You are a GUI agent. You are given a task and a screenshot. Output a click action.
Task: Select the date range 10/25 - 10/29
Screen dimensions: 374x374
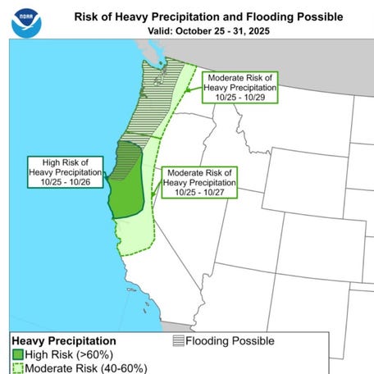coord(240,98)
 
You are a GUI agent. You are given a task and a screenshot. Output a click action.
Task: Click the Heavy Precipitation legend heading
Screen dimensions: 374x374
coord(63,340)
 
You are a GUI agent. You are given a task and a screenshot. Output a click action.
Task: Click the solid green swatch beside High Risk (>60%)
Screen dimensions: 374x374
coord(18,354)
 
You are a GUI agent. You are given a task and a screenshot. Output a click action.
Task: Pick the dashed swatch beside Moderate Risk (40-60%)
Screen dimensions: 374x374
coord(18,367)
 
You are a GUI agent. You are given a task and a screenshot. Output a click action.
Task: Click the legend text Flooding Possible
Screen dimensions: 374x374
coord(230,340)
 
